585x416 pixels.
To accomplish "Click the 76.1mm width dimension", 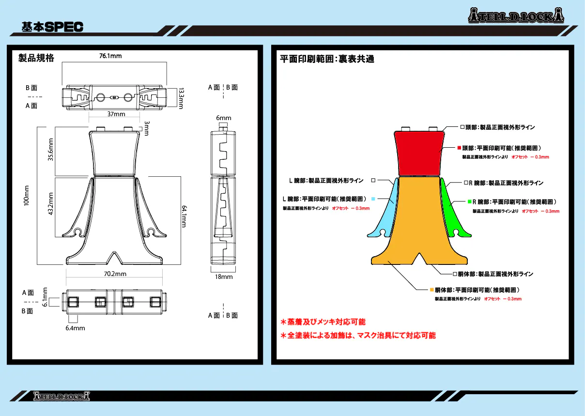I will [110, 56].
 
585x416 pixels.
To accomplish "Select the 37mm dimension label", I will [116, 114].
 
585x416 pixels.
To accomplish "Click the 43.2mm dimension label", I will [50, 204].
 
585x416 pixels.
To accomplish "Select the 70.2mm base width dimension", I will [115, 274].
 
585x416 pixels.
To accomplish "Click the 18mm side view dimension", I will [224, 277].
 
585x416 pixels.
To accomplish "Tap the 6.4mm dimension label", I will [75, 328].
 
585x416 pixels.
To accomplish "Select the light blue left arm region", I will [385, 213].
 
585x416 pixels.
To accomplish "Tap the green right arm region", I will [451, 213].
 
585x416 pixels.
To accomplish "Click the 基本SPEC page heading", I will [52, 27].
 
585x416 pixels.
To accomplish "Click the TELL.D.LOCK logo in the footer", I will [62, 396].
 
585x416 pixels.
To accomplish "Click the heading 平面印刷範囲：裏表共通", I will [327, 59].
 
